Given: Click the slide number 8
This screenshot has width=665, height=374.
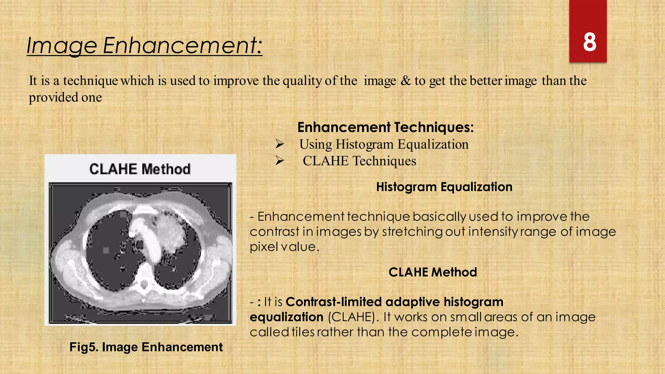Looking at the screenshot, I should coord(589,43).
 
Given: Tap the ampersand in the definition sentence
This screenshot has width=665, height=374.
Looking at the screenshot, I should coord(405,81).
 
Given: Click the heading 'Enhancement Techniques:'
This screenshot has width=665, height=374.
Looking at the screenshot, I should coord(385,127).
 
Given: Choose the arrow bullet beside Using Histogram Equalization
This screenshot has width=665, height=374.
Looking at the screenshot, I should coord(280,144).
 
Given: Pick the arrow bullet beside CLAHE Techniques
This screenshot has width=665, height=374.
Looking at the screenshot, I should coord(280,160).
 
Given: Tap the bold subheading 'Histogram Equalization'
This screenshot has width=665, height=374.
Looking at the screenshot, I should coord(444,187).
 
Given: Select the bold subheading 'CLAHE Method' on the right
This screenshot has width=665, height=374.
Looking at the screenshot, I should coord(433,272).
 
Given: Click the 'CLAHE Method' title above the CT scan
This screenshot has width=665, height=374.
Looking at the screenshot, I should coord(140,169).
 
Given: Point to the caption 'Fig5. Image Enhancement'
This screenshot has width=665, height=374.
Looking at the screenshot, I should coord(146,347).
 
